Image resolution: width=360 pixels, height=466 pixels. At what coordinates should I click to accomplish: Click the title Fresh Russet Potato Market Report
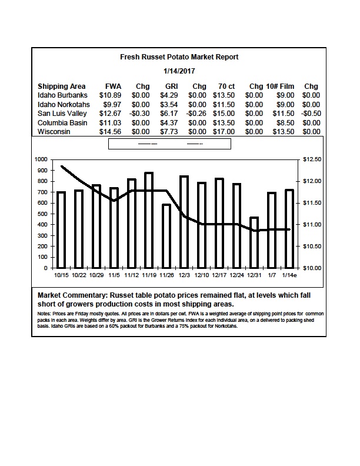(x=179, y=56)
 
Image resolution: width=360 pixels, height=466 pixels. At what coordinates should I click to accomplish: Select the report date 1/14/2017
(x=179, y=71)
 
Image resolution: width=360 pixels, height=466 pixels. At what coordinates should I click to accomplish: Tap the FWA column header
(x=113, y=86)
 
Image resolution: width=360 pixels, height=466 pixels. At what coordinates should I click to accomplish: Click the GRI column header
(x=171, y=86)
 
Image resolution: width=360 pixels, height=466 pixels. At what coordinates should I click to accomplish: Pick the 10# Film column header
(x=280, y=86)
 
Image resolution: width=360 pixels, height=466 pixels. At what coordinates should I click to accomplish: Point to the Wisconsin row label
(x=54, y=132)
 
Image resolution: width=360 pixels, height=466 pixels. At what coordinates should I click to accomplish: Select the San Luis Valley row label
(x=62, y=114)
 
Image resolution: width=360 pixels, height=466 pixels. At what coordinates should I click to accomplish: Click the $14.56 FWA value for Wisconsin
(x=110, y=132)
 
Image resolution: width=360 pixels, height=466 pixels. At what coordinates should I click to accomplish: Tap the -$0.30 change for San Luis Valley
(x=139, y=114)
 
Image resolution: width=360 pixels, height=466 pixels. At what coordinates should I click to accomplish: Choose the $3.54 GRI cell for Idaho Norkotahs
(x=169, y=105)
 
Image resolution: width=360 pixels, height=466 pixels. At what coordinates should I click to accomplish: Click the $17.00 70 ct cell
(x=224, y=132)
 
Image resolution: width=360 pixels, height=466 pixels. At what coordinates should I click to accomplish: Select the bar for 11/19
(x=149, y=220)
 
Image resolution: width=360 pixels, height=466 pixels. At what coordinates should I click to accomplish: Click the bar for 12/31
(x=254, y=242)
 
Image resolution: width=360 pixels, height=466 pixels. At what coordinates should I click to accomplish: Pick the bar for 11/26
(x=166, y=237)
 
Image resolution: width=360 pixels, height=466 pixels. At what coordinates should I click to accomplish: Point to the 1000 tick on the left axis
(x=41, y=159)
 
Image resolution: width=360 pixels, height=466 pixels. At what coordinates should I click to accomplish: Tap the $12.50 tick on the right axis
(x=312, y=159)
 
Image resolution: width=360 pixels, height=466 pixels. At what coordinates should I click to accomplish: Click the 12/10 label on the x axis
(x=201, y=275)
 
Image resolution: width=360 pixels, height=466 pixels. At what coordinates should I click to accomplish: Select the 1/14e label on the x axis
(x=289, y=275)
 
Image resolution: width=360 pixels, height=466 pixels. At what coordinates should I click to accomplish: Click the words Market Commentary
(x=72, y=295)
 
